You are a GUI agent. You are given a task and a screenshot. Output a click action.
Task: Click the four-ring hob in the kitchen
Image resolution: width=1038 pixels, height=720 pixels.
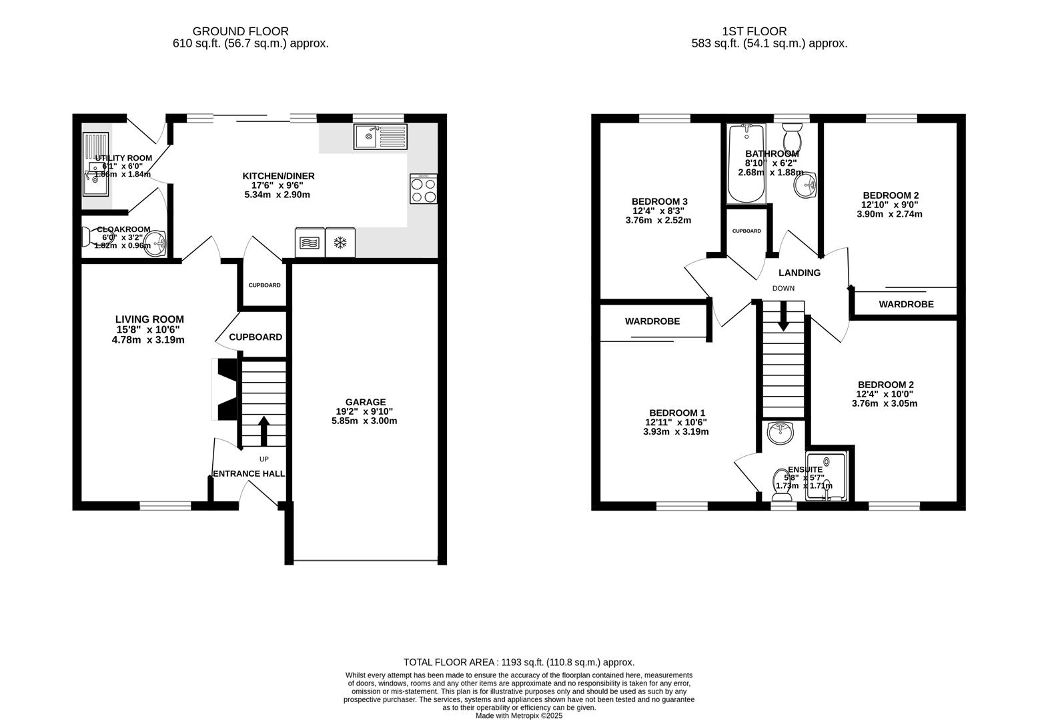[424, 189]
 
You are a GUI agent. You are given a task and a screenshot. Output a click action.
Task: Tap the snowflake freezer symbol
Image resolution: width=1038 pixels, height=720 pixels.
[341, 243]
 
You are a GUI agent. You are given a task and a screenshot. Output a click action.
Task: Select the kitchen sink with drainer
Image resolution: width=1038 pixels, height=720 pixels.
[380, 137]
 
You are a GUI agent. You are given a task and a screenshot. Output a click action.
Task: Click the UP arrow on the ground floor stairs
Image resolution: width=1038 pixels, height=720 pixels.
[264, 431]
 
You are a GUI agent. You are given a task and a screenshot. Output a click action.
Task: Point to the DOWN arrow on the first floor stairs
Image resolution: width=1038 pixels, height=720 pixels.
[783, 316]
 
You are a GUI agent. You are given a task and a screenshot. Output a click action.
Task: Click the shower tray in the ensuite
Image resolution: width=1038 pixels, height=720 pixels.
[827, 477]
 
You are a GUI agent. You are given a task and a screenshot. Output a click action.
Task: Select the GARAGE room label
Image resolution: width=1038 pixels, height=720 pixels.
[366, 402]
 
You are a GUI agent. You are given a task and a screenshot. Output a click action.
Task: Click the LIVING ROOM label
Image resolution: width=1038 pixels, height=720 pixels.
[149, 319]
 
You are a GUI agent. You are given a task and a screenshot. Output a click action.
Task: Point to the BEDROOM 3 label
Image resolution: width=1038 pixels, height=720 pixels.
[659, 201]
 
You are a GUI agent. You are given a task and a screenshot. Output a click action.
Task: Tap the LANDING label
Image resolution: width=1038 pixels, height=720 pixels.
[799, 273]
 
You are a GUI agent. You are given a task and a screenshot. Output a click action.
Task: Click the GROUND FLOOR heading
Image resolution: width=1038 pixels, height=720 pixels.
[241, 31]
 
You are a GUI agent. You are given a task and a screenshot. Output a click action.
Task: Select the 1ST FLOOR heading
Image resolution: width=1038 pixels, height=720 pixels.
[754, 31]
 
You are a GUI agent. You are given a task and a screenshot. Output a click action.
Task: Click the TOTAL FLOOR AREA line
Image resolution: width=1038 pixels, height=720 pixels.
[519, 662]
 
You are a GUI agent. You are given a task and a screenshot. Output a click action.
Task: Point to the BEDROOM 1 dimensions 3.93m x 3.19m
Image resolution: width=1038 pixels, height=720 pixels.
[676, 431]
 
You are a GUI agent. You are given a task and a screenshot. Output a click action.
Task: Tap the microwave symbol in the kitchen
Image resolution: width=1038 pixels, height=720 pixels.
[310, 243]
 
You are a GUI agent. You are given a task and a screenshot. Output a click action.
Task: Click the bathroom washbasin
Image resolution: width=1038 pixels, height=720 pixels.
[805, 186]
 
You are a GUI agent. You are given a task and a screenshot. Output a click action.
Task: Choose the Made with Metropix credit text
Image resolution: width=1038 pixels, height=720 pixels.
[519, 715]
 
